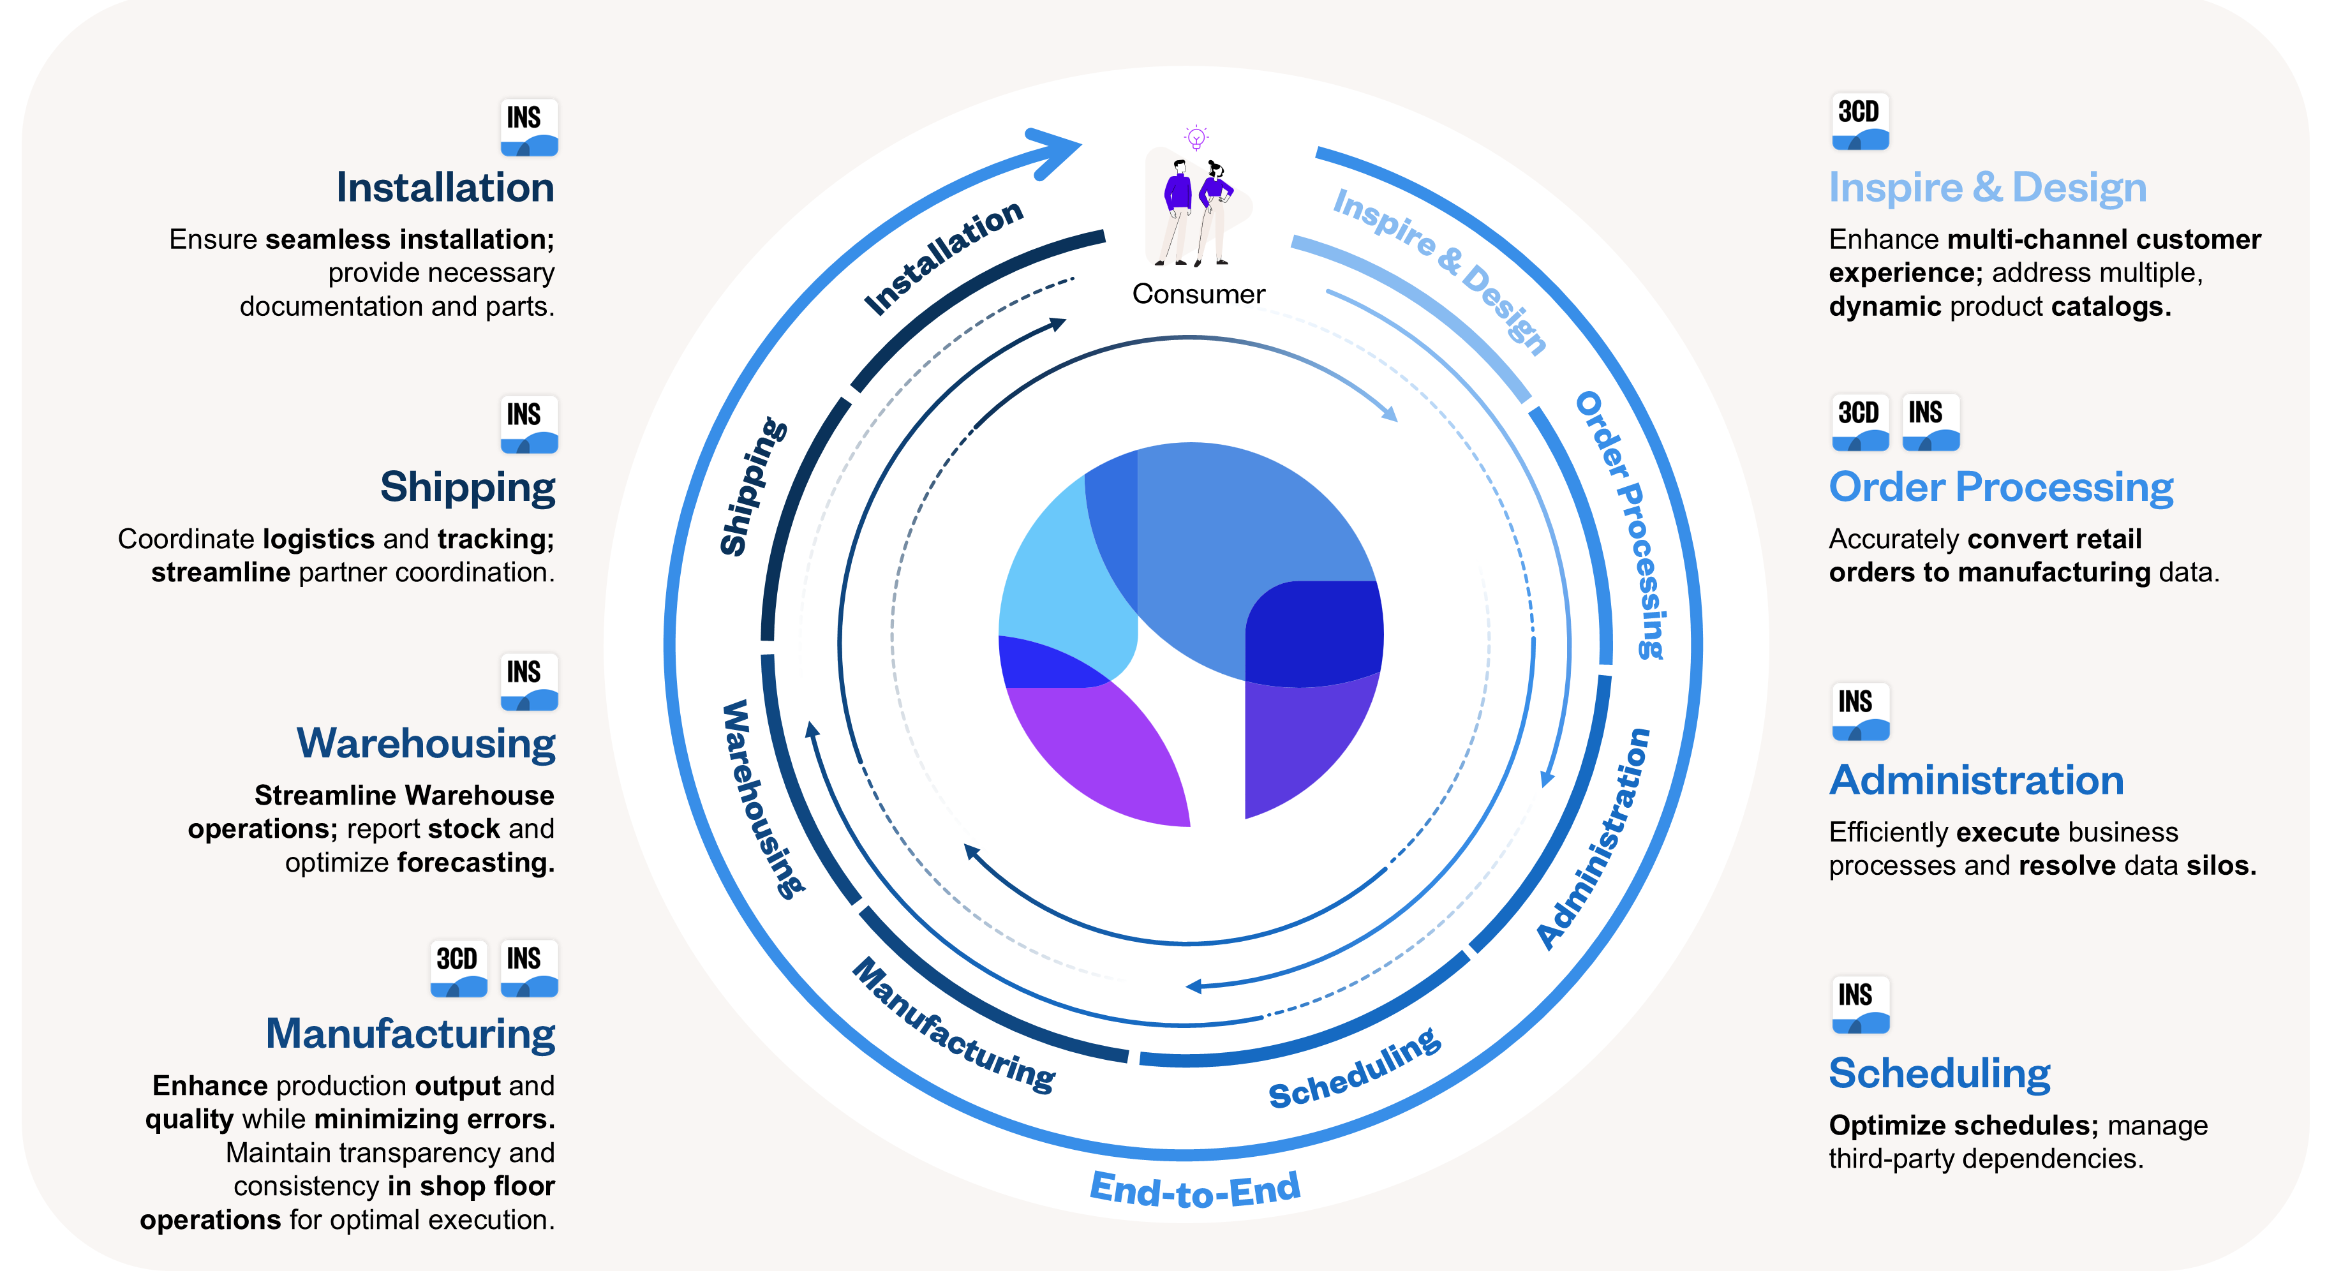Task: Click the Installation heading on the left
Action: pos(445,188)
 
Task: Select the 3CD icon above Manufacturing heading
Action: pos(458,967)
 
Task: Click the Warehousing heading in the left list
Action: pos(426,743)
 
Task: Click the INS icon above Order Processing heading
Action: pos(1930,422)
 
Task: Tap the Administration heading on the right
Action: pos(1975,780)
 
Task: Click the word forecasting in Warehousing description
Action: pos(475,863)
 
